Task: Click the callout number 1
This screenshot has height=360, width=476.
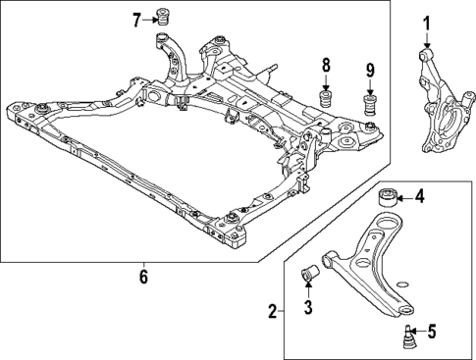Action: tap(427, 23)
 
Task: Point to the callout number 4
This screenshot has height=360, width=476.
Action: tap(419, 196)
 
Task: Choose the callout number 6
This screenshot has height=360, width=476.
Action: tap(144, 277)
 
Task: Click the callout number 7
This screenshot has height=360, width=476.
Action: tap(138, 18)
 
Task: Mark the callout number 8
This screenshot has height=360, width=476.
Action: tap(326, 67)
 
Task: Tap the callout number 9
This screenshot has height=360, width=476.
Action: tap(371, 71)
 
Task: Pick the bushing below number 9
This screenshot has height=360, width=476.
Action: tap(371, 104)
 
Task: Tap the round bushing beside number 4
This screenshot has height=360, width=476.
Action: tap(388, 195)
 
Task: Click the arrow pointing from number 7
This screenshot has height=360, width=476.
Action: tap(151, 18)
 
